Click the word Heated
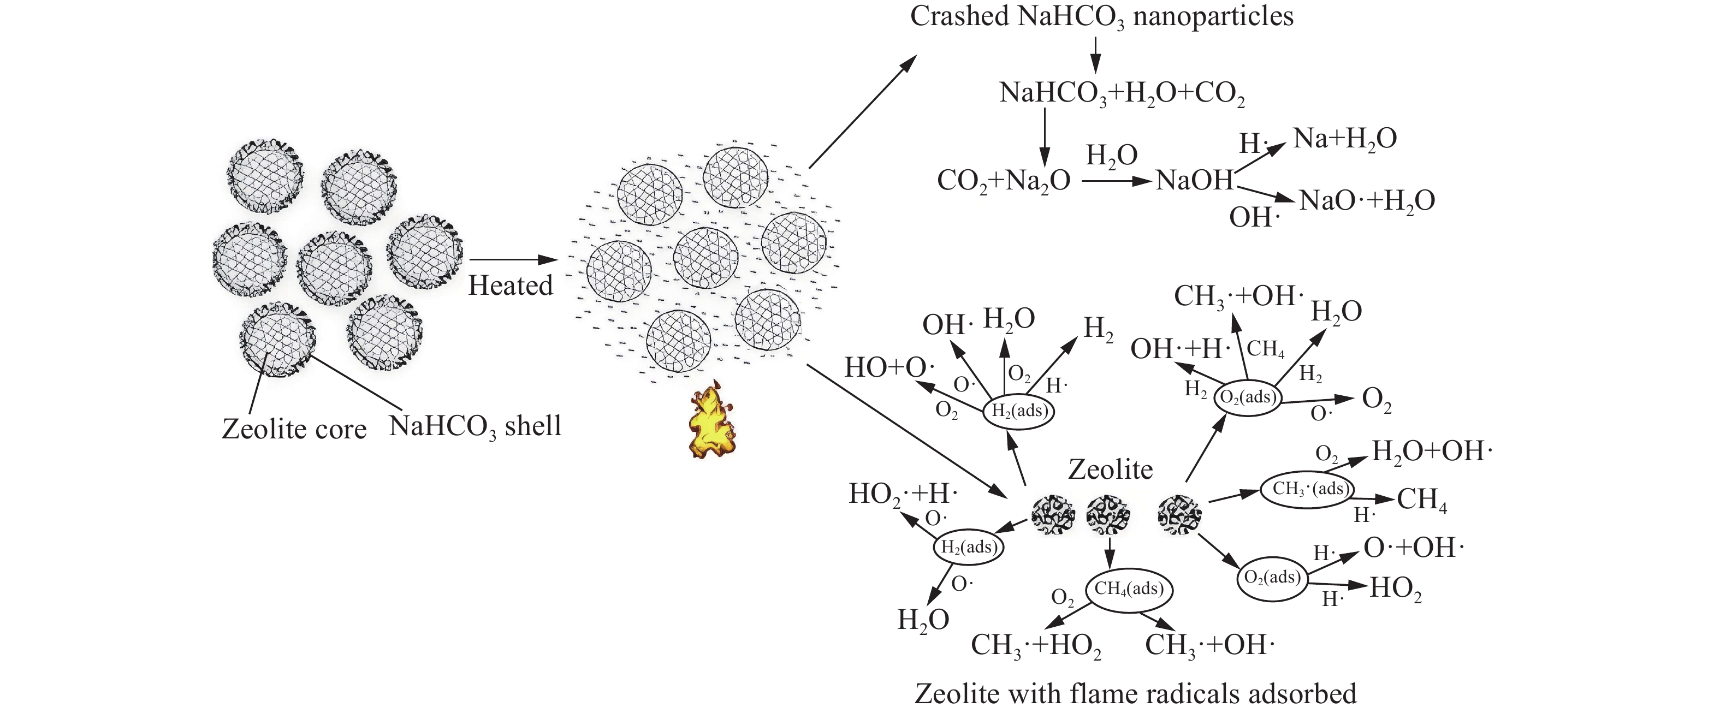(x=510, y=286)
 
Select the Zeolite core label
(x=294, y=429)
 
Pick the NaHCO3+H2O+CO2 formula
(x=1122, y=93)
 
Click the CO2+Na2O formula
(x=1004, y=180)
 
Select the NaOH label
(x=1195, y=180)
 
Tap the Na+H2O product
(x=1345, y=139)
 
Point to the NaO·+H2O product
(x=1366, y=200)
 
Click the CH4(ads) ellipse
(x=1129, y=589)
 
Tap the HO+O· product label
(x=889, y=368)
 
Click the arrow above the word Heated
(x=513, y=260)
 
